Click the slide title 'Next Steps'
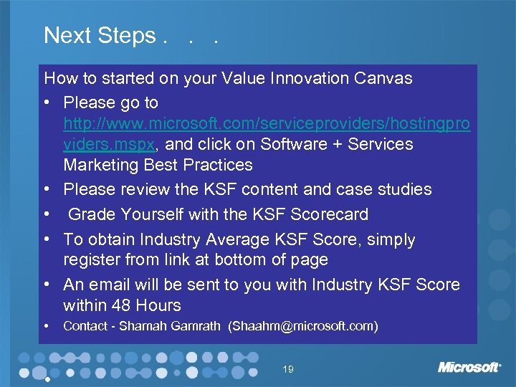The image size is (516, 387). coord(100,35)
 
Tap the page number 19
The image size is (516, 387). coord(288,370)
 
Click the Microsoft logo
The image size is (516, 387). coord(469,368)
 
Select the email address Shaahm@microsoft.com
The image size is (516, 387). coord(302,327)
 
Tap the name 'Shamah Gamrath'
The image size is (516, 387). coord(171,327)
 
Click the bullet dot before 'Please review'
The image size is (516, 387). coord(47,190)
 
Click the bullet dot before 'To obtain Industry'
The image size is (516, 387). coord(47,239)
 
